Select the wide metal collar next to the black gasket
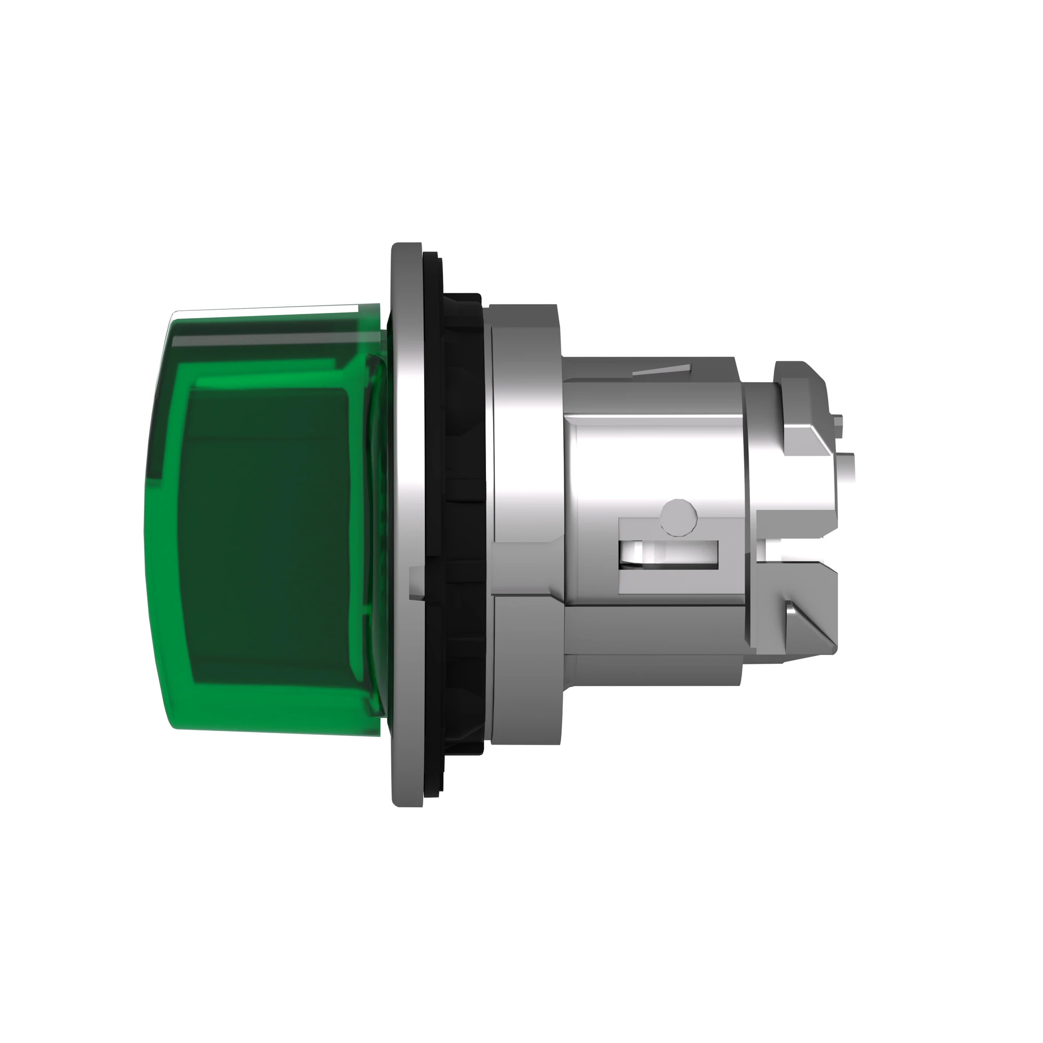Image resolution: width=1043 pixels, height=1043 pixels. [526, 540]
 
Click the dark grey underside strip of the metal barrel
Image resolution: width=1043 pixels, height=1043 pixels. [653, 670]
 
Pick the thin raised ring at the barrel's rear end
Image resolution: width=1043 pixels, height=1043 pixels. [748, 513]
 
